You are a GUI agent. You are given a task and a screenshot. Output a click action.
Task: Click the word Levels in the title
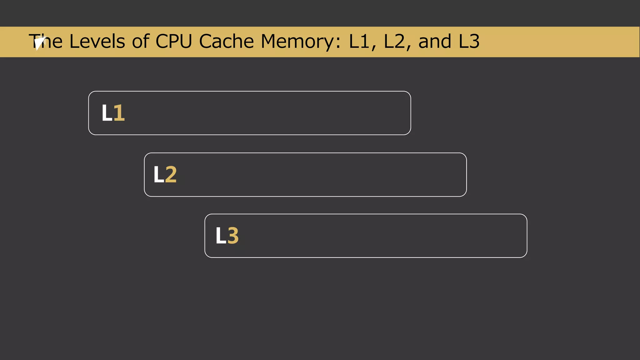[97, 41]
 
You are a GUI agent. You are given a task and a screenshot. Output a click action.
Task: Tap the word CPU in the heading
[174, 41]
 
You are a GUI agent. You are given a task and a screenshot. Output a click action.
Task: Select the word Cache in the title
[226, 41]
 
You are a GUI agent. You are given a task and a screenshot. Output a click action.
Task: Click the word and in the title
[435, 41]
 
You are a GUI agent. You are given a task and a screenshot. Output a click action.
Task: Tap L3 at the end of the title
[469, 41]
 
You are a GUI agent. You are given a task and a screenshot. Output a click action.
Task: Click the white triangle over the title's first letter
[39, 43]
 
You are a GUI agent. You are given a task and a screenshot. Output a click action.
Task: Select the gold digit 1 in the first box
[119, 113]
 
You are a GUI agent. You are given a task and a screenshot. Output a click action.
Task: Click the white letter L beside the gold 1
[107, 113]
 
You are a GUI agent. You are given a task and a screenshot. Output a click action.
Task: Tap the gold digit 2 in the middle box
[171, 175]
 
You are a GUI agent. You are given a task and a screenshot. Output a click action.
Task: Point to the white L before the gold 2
[158, 175]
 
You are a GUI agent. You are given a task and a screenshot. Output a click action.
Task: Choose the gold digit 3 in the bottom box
[233, 236]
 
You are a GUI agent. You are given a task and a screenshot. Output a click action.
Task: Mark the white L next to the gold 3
[220, 236]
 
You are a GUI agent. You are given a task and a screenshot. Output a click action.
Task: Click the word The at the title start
[46, 41]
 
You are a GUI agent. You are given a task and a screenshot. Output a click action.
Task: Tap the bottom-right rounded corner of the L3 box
[525, 255]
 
